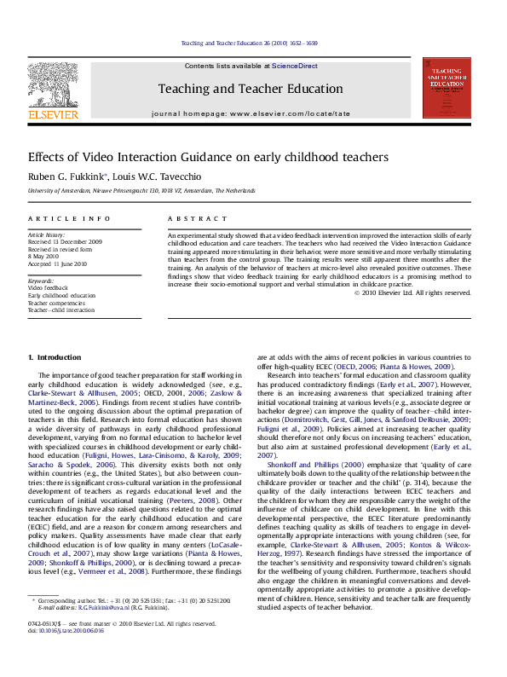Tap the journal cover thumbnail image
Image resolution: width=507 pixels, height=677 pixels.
pos(447,88)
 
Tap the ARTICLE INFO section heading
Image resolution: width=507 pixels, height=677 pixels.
pos(69,219)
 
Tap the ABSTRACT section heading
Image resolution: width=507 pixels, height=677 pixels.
pos(192,219)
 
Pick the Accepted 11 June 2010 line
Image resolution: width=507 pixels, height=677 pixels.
pos(62,262)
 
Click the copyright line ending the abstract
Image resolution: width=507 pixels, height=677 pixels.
pos(412,292)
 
